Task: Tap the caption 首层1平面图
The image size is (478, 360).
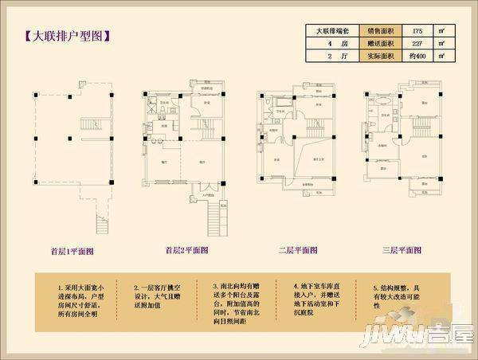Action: click(x=72, y=250)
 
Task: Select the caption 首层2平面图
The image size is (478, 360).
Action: click(x=186, y=250)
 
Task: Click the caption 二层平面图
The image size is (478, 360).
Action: click(x=298, y=250)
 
